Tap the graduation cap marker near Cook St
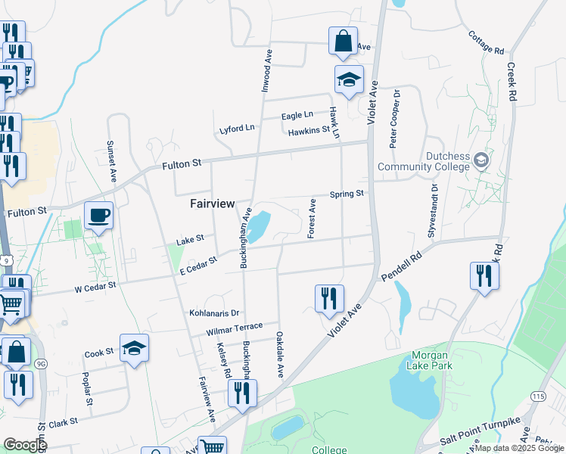point(134,349)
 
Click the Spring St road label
point(347,194)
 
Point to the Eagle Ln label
point(297,115)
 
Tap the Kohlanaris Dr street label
point(214,313)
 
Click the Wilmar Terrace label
point(234,329)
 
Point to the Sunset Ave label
point(112,160)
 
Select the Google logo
point(25,445)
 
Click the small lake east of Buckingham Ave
point(258,225)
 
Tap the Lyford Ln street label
point(237,128)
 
